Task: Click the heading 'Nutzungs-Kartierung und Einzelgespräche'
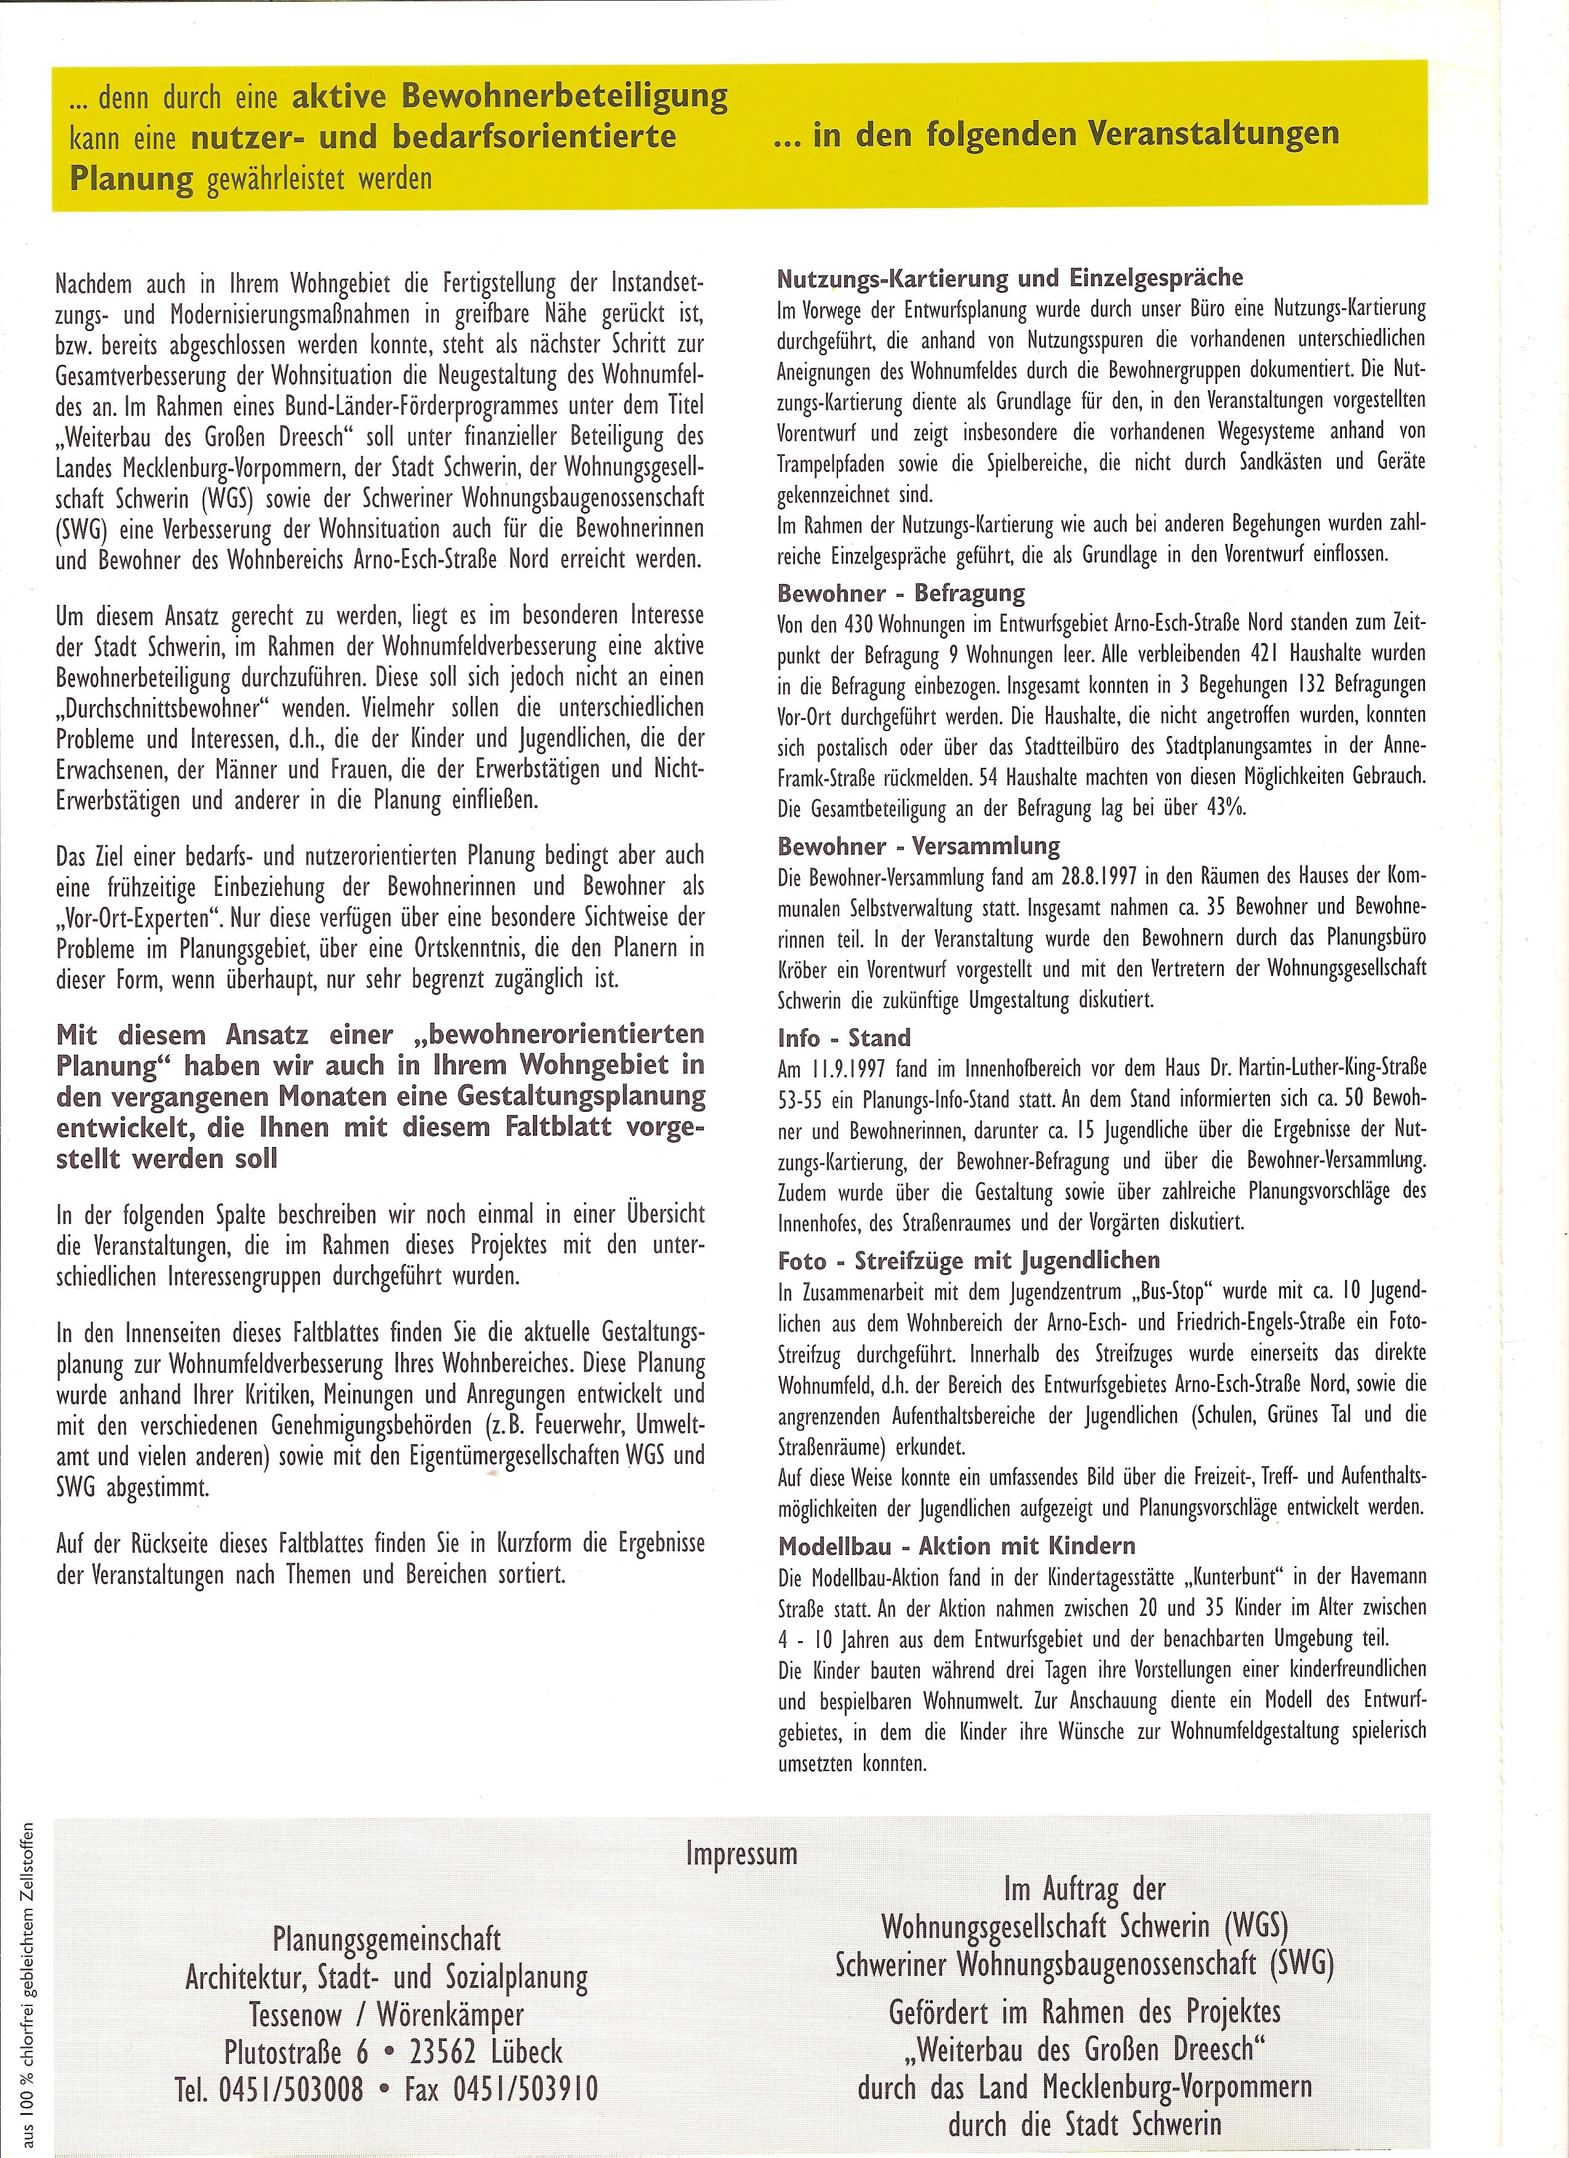point(1010,278)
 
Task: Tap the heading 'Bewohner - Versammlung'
point(918,846)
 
